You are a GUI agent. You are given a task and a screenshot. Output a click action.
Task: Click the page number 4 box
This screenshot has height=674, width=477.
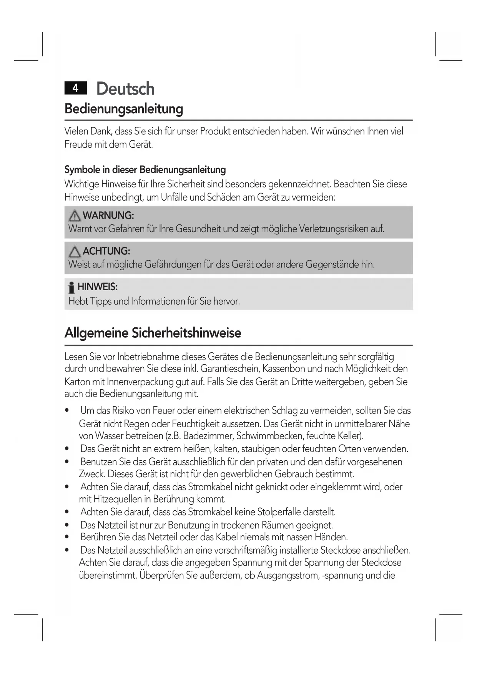pos(76,88)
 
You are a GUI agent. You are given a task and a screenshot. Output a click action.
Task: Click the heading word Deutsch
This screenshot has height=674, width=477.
pos(125,89)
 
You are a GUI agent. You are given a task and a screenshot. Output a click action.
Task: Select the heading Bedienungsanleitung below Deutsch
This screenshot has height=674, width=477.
pos(123,109)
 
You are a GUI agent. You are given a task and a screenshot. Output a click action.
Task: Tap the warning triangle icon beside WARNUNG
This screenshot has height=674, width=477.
pos(75,216)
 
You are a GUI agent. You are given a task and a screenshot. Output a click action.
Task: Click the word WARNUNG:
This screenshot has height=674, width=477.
pos(108,216)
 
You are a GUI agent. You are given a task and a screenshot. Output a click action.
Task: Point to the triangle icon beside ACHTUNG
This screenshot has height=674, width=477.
pos(75,252)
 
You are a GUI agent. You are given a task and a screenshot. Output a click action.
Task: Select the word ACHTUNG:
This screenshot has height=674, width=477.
pos(106,251)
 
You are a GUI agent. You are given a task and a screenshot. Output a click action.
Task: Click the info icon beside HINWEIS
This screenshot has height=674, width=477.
pos(71,288)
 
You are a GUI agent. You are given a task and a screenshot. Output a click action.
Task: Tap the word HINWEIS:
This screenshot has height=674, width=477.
pos(97,287)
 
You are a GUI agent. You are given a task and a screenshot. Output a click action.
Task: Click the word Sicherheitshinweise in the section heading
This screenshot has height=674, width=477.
pos(186,333)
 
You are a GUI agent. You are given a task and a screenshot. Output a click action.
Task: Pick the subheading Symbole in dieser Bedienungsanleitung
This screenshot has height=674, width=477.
pos(145,170)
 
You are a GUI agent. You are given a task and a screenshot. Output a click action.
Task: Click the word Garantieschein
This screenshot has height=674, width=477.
pos(229,369)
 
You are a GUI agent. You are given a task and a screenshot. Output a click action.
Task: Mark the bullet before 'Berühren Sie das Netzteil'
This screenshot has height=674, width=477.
pos(67,538)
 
